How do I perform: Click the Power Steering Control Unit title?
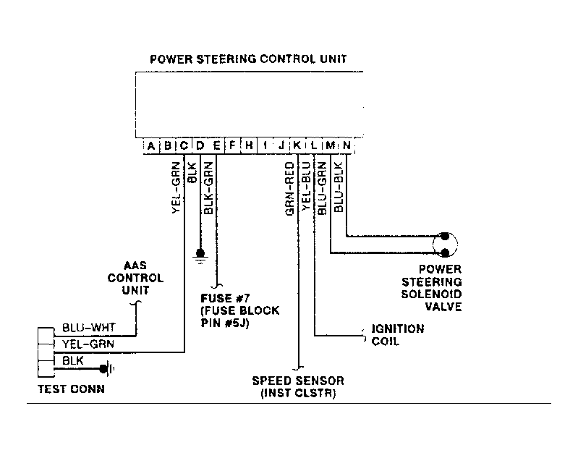pyautogui.click(x=248, y=59)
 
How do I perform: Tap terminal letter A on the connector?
pyautogui.click(x=150, y=146)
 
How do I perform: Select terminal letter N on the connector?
pyautogui.click(x=347, y=145)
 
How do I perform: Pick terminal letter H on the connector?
pyautogui.click(x=249, y=145)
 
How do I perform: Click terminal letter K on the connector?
pyautogui.click(x=297, y=145)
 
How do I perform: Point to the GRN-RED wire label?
pyautogui.click(x=290, y=188)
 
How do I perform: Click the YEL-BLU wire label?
pyautogui.click(x=306, y=186)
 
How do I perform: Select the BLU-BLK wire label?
pyautogui.click(x=339, y=187)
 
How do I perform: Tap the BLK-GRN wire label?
pyautogui.click(x=208, y=187)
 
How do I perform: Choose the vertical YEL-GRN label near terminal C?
pyautogui.click(x=177, y=187)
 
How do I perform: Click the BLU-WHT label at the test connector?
pyautogui.click(x=89, y=328)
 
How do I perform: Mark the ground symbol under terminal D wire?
pyautogui.click(x=200, y=257)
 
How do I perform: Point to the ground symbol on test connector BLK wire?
pyautogui.click(x=107, y=368)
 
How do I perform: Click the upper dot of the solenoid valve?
pyautogui.click(x=445, y=236)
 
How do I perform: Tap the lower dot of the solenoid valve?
pyautogui.click(x=445, y=253)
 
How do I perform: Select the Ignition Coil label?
pyautogui.click(x=398, y=335)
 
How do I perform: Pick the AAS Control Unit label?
pyautogui.click(x=135, y=278)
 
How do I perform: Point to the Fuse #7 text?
pyautogui.click(x=225, y=298)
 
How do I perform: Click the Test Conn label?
pyautogui.click(x=72, y=389)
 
